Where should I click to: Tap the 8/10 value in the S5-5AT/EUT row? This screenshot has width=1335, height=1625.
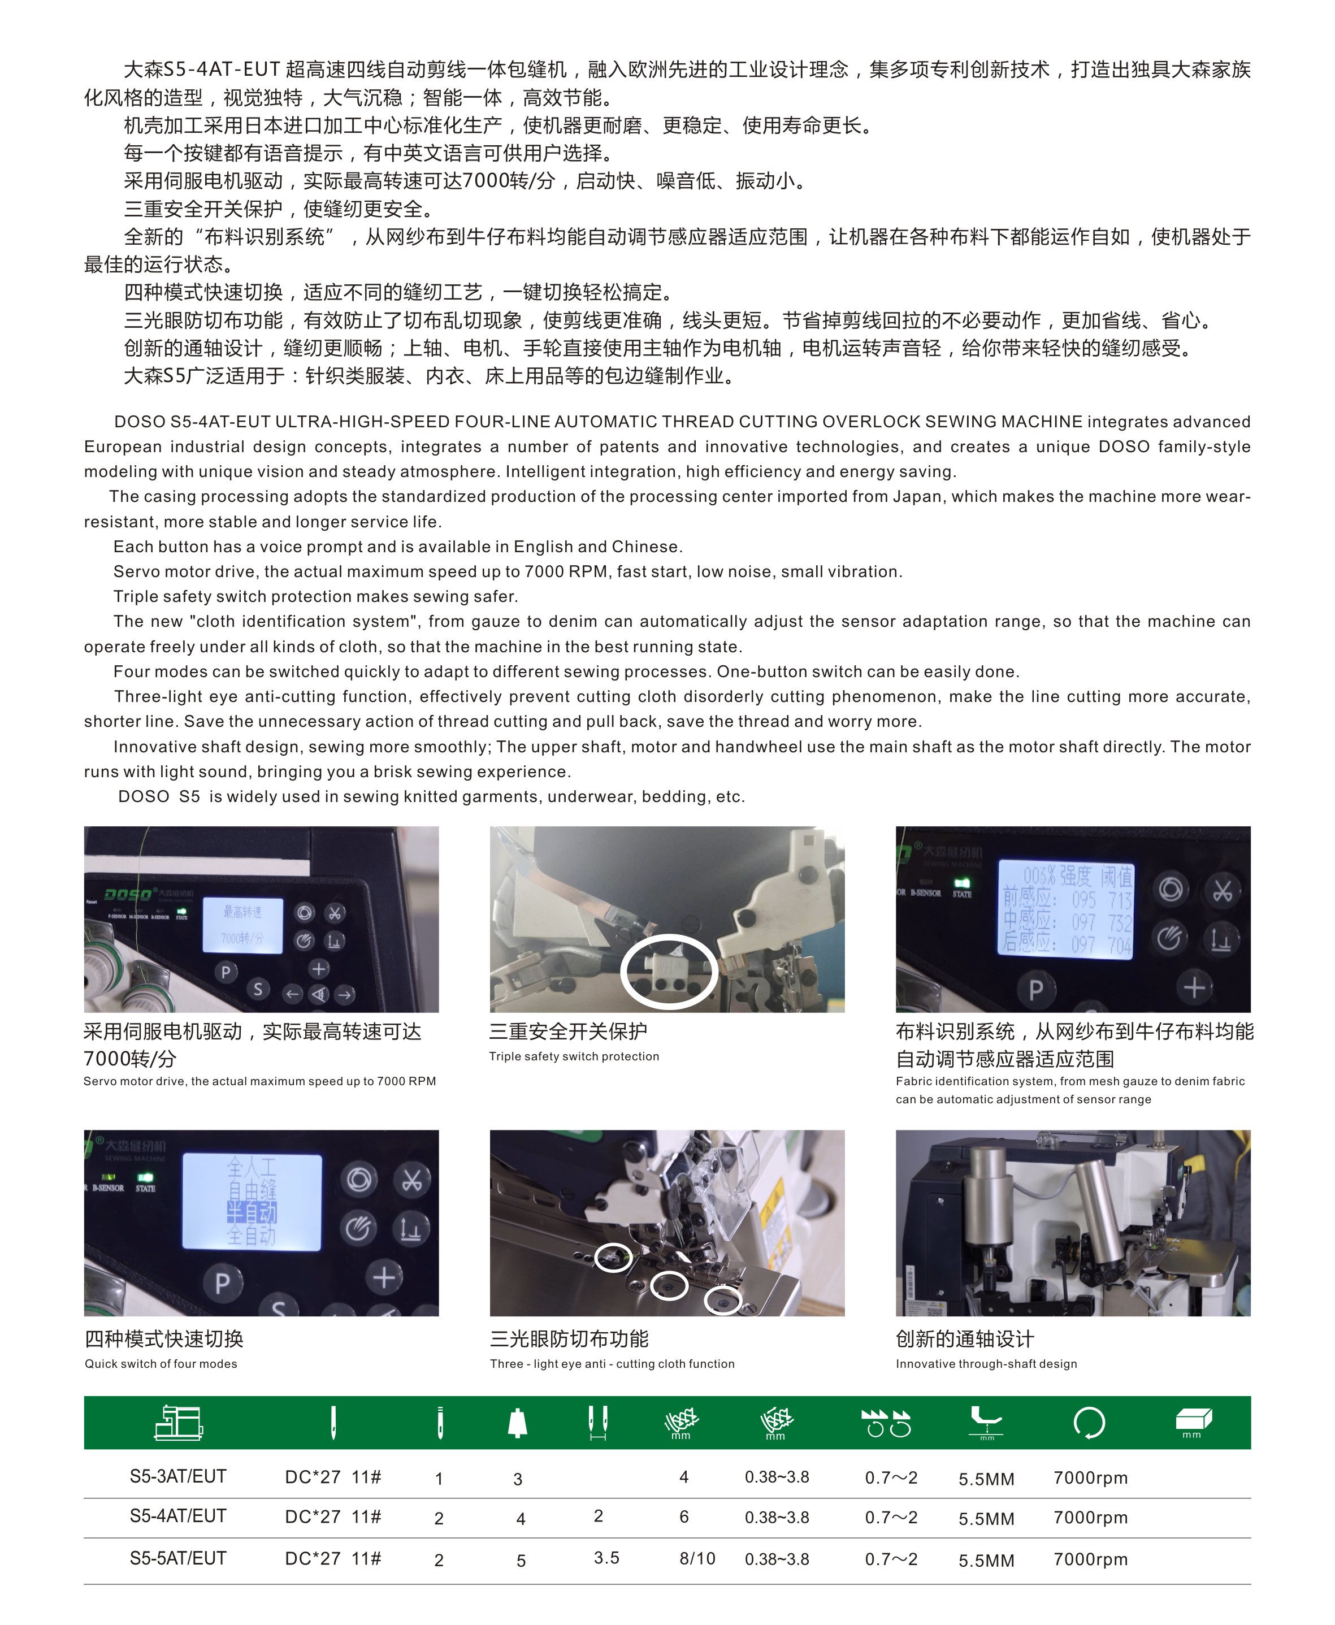pyautogui.click(x=697, y=1558)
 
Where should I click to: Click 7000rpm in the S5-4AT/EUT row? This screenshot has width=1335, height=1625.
pyautogui.click(x=1090, y=1518)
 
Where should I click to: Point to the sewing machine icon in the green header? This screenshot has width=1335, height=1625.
pyautogui.click(x=179, y=1422)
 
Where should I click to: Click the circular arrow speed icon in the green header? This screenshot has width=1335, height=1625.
pyautogui.click(x=1089, y=1422)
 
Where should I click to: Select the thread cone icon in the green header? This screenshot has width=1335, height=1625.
pyautogui.click(x=518, y=1422)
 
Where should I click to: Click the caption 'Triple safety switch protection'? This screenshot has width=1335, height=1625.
pyautogui.click(x=574, y=1056)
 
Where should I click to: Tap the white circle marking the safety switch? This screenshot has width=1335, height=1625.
pyautogui.click(x=669, y=970)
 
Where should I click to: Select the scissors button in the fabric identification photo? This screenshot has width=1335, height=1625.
pyautogui.click(x=1222, y=891)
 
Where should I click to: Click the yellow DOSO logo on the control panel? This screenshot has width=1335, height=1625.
pyautogui.click(x=128, y=894)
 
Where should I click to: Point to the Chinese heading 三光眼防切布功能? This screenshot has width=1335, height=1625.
pyautogui.click(x=569, y=1339)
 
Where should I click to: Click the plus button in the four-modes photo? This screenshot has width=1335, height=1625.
pyautogui.click(x=384, y=1277)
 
